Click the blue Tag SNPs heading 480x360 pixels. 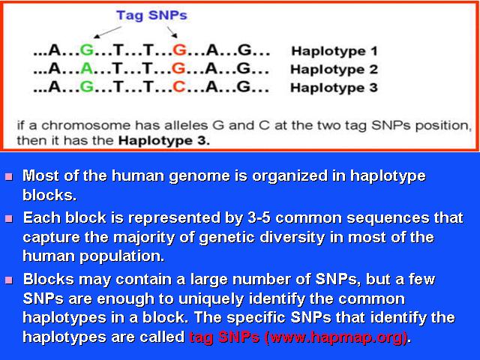tap(151, 16)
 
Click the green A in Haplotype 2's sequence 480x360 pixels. tap(87, 68)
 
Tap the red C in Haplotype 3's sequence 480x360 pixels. tap(179, 87)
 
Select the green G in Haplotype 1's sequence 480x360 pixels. tap(87, 50)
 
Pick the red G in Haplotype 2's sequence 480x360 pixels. tap(178, 68)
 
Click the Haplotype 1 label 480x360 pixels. tap(334, 51)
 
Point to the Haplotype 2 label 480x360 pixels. tap(334, 70)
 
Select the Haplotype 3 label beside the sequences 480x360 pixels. tap(334, 88)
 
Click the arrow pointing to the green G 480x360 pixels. tap(107, 32)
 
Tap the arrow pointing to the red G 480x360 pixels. tap(172, 32)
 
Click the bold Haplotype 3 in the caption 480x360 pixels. tap(164, 141)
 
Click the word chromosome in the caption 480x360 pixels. tap(86, 125)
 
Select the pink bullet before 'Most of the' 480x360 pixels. tap(9, 176)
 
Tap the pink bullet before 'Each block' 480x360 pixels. tap(9, 218)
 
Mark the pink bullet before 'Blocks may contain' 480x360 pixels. tap(9, 280)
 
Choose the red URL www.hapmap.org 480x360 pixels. tap(336, 337)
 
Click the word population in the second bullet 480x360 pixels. tap(121, 256)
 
